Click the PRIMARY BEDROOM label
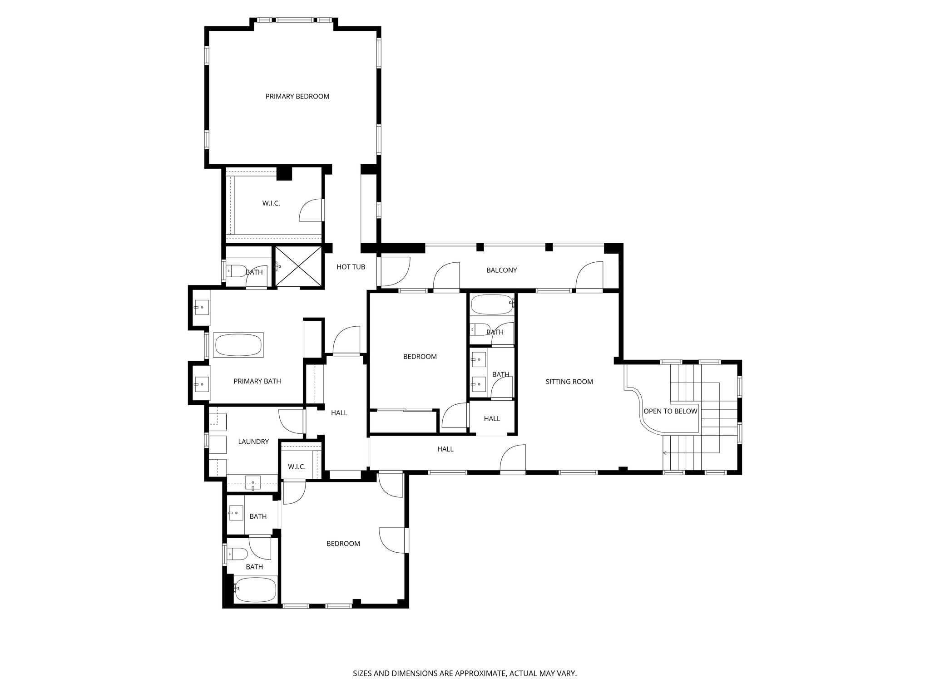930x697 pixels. [297, 96]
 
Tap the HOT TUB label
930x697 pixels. [351, 267]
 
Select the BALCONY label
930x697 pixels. [501, 270]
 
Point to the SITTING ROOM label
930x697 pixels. [569, 382]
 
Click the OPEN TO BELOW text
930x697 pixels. [670, 411]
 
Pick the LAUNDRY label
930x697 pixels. [253, 442]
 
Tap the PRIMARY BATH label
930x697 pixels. [257, 381]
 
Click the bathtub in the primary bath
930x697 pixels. [239, 345]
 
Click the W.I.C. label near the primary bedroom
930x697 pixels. [271, 203]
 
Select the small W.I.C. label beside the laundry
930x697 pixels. [297, 466]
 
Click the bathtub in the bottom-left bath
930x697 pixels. [255, 589]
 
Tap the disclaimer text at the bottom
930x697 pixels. [465, 673]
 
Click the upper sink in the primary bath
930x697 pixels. [202, 307]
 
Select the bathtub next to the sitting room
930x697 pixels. [492, 305]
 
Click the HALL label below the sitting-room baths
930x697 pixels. [492, 419]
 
